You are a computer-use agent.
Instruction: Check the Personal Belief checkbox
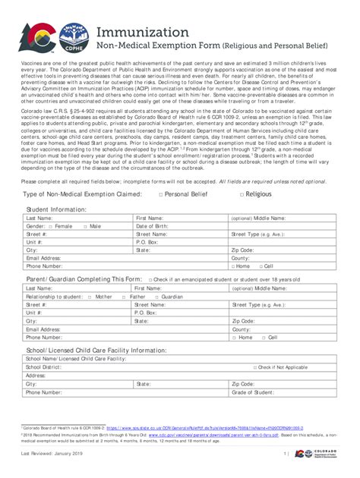tap(160, 195)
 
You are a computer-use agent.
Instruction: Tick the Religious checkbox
tap(242, 195)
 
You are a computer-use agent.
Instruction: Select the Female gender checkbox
tap(50, 226)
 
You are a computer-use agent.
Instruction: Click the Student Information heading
tap(56, 209)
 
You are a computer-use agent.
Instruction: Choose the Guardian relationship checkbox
tap(157, 297)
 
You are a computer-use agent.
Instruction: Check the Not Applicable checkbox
tap(256, 367)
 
